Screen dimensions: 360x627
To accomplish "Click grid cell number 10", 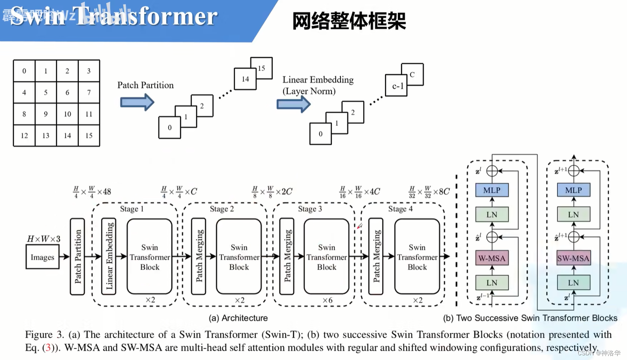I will (67, 114).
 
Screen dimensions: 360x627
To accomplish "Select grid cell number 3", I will (89, 71).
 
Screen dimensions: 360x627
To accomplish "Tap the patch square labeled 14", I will (245, 79).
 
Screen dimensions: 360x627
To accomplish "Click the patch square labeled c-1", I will (397, 86).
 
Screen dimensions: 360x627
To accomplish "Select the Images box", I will (42, 257).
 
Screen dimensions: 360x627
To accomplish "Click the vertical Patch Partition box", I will (78, 256).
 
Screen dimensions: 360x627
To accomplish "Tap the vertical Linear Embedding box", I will (109, 256).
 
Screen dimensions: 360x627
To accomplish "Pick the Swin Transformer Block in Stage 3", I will (326, 257).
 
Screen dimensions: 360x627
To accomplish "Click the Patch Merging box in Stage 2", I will (199, 256).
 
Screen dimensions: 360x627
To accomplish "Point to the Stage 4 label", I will (400, 209).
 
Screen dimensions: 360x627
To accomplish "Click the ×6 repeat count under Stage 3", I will (327, 300).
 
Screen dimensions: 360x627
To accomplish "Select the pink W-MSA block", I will (492, 258).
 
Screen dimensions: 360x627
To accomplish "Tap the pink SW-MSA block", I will (573, 258).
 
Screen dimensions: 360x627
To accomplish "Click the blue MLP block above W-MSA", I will (492, 190).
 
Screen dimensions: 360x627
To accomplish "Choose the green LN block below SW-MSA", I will (573, 283).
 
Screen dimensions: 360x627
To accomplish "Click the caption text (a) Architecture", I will (238, 318).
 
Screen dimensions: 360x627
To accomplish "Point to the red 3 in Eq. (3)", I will (48, 348).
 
